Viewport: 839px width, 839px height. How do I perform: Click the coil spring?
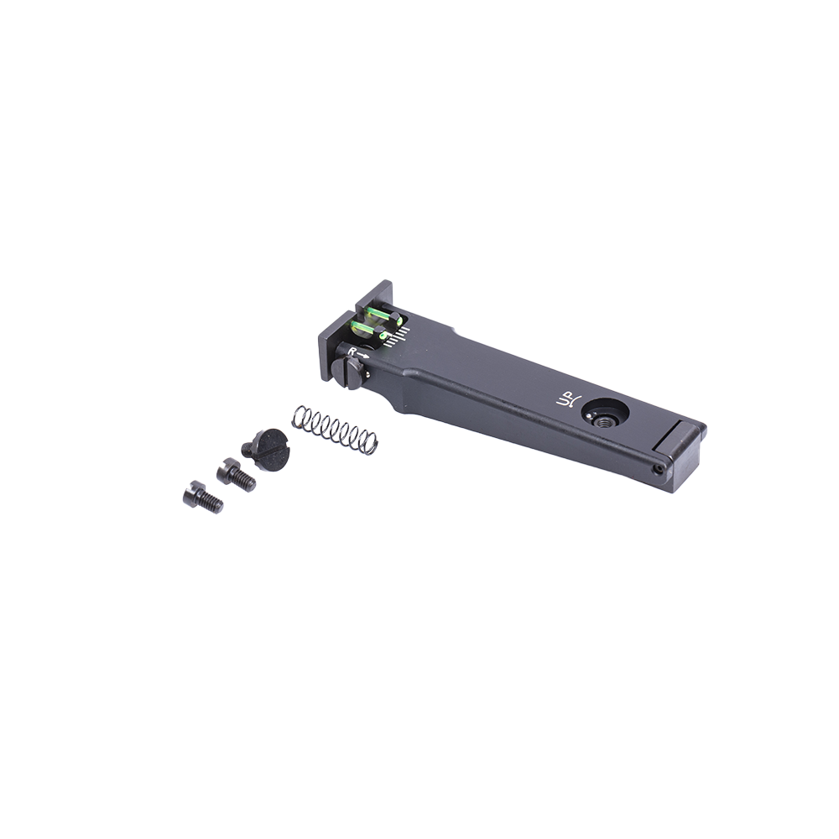pos(335,430)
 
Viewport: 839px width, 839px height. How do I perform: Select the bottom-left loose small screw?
pos(202,497)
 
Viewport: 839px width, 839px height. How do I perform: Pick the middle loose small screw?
pos(236,475)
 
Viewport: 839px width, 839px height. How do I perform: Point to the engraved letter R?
pos(352,352)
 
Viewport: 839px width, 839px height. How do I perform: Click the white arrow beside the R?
pos(364,356)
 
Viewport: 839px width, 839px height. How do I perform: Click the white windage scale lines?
pos(398,337)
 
